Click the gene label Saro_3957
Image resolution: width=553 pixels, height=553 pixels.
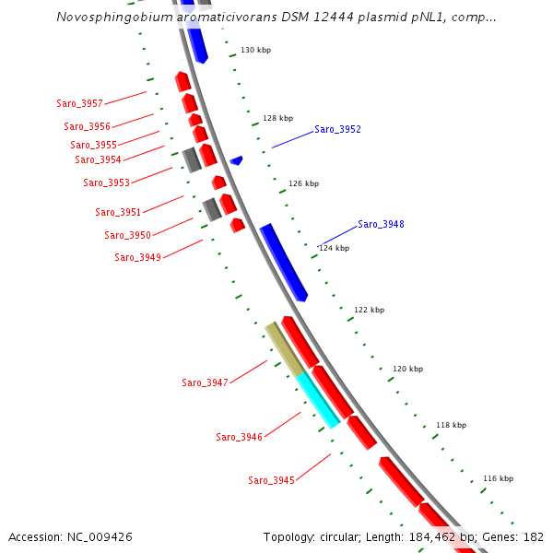click(79, 103)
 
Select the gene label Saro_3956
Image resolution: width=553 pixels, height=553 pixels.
click(87, 126)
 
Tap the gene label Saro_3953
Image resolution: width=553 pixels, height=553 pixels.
click(106, 182)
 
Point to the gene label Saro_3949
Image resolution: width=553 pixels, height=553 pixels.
click(137, 257)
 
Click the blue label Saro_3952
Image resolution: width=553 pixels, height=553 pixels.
click(337, 130)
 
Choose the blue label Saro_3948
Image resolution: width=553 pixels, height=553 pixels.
click(381, 225)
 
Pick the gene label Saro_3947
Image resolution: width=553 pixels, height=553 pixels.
click(205, 382)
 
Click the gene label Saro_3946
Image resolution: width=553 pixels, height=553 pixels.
click(239, 437)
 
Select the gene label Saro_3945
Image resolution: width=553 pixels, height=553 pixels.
click(271, 480)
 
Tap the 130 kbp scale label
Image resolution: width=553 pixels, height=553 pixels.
click(255, 50)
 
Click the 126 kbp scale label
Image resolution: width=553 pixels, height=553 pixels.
click(303, 183)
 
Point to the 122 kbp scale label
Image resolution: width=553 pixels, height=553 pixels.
click(369, 310)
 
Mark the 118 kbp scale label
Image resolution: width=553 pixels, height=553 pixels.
click(451, 425)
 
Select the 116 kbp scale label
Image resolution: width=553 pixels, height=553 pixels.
click(498, 478)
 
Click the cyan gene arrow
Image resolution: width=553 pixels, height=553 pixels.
click(318, 400)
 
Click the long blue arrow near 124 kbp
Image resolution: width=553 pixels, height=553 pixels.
click(283, 262)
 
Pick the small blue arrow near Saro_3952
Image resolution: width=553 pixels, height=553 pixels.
click(237, 160)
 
